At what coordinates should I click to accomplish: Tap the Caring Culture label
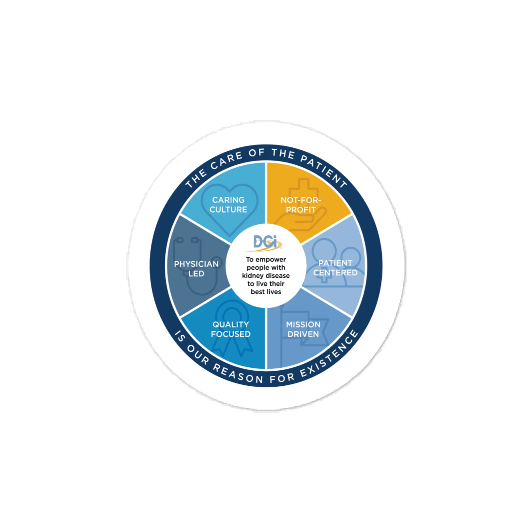coord(228,205)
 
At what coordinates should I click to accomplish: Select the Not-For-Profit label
coord(301,205)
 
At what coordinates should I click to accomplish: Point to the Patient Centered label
coord(335,268)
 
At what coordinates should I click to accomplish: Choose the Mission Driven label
coord(303,329)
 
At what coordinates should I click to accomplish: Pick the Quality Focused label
coord(231,329)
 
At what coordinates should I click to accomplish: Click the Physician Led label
coord(196,269)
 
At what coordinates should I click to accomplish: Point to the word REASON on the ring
coord(238,374)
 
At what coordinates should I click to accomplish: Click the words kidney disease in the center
coord(266,276)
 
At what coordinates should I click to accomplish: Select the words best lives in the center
coord(266,292)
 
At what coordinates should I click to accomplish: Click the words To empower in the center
coord(266,260)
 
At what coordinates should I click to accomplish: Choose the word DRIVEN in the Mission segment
coord(303,334)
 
